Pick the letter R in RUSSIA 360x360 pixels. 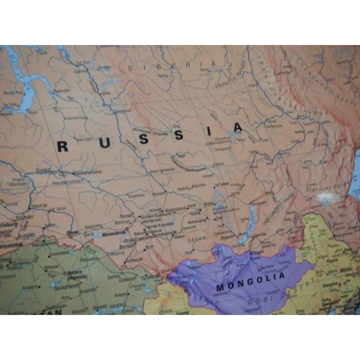(x=63, y=147)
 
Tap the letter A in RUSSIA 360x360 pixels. (x=238, y=128)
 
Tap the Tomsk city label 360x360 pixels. (x=125, y=215)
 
